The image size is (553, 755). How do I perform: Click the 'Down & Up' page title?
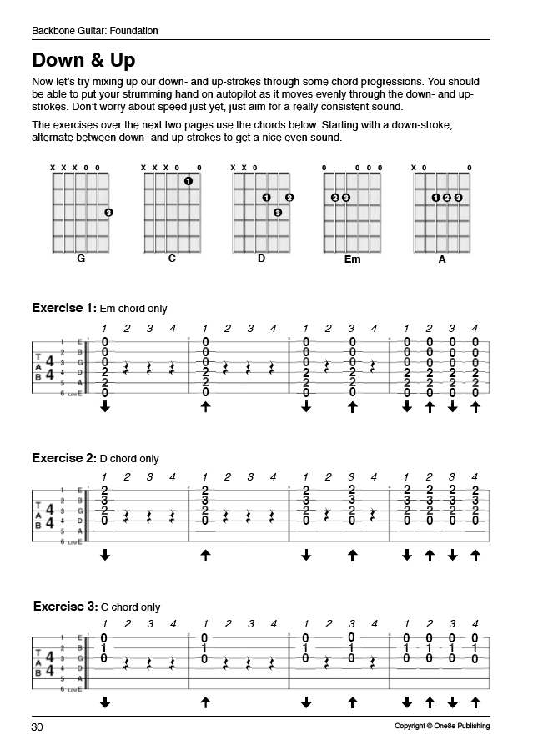[83, 61]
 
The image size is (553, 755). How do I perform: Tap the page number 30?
[38, 727]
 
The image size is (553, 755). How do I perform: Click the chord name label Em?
[352, 259]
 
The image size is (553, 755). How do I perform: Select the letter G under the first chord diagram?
[81, 259]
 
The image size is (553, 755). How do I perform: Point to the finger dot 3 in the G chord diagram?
[108, 213]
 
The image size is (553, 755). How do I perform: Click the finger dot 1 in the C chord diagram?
[189, 181]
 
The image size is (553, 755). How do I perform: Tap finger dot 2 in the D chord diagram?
[289, 198]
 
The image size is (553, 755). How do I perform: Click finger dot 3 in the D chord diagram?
[278, 213]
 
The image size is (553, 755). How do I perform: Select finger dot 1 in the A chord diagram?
[435, 198]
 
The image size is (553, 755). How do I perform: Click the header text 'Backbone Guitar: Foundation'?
[95, 31]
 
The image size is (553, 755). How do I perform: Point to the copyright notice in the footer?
[442, 727]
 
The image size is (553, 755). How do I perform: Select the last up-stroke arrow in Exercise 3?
[475, 702]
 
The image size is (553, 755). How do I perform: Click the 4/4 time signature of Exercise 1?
[50, 368]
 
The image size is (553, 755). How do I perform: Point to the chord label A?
[442, 259]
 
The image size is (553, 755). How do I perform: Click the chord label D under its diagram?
[261, 259]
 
